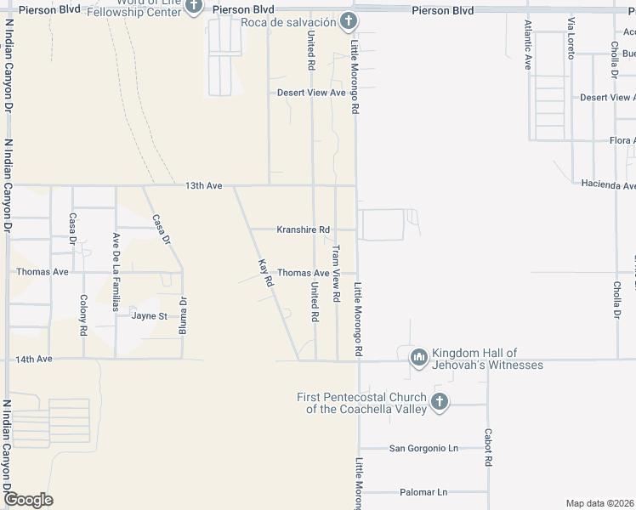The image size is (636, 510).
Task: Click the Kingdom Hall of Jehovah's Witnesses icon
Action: tap(417, 358)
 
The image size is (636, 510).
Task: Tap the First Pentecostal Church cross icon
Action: tap(439, 402)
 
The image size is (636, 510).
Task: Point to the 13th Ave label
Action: tap(204, 185)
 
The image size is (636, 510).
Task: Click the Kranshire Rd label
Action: tap(303, 229)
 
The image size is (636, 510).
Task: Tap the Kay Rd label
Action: tap(264, 271)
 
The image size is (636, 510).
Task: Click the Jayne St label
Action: tap(150, 316)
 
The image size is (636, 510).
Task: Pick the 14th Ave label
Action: tap(34, 360)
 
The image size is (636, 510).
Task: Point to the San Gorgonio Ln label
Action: tap(423, 448)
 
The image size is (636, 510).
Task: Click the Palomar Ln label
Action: tap(423, 492)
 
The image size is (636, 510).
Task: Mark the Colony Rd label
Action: tap(83, 314)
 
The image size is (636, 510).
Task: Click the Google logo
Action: tap(28, 500)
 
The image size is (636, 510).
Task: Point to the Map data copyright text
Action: tap(599, 503)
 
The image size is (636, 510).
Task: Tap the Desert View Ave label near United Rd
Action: tap(311, 93)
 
